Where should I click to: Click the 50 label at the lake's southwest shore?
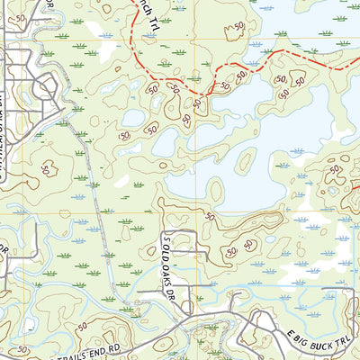211,216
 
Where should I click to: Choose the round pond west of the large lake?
132,117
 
